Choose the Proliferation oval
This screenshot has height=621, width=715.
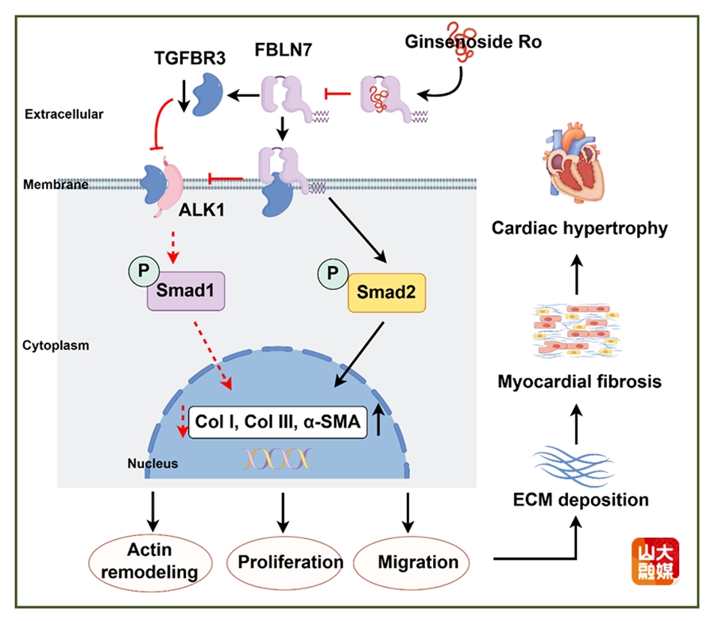click(284, 561)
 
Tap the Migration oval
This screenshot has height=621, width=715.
click(418, 561)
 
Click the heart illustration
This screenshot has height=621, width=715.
click(577, 166)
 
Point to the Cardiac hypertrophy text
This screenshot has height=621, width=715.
click(579, 229)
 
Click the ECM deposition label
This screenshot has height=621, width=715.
click(579, 500)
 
